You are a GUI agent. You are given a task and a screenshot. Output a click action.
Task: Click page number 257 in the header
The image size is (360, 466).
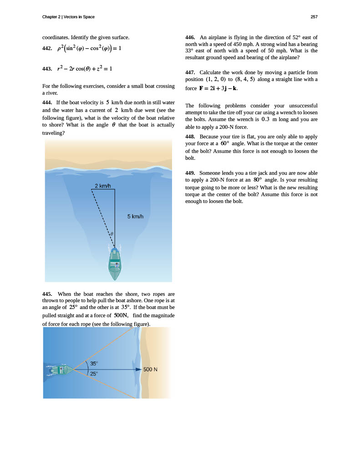[314, 17]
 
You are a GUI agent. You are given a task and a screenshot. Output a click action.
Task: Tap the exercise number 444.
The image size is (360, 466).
[47, 102]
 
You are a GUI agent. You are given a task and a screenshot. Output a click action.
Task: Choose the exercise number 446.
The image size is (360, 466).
[190, 37]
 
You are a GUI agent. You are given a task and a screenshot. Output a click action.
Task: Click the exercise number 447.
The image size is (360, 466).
[190, 72]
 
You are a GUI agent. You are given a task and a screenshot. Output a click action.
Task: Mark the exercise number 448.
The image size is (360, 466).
[190, 137]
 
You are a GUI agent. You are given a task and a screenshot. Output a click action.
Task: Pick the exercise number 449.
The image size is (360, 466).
[190, 173]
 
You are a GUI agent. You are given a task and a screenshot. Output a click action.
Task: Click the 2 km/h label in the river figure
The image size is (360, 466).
[103, 186]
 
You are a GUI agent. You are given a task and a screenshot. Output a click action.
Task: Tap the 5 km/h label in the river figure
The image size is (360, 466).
[135, 216]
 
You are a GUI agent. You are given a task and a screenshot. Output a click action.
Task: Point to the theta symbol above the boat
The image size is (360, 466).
[112, 234]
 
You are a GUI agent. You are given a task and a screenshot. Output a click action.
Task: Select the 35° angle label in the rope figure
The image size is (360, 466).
[94, 364]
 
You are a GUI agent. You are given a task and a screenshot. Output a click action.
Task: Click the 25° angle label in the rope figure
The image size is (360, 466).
[94, 374]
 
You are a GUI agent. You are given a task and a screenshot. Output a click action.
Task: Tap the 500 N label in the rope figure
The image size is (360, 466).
[150, 370]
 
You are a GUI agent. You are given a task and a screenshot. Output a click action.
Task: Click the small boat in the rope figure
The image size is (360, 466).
[59, 370]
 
